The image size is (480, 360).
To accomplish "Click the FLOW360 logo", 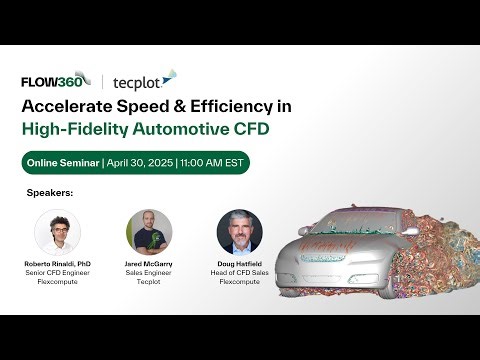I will coord(55,81).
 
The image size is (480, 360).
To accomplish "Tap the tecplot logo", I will coord(144,81).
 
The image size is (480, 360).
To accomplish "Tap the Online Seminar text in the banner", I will coord(62,163).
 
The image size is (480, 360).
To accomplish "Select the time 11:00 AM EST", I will coord(212,163).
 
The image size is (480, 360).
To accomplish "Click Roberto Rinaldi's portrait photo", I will coord(57,231).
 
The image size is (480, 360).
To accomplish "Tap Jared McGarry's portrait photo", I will coord(149,231).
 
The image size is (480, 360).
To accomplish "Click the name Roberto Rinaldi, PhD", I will coord(57,264).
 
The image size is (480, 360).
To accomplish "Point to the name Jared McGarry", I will coord(148,264).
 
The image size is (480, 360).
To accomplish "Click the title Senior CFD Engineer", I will coord(57,273).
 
